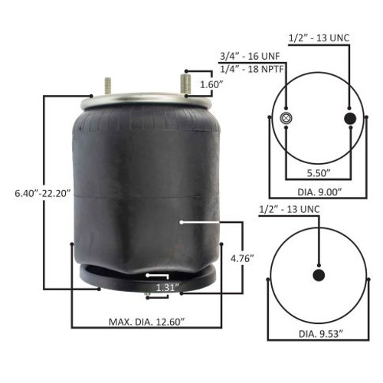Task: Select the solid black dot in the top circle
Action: coord(350,118)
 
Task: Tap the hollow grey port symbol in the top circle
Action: coord(286,118)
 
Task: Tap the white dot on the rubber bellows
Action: coord(180,222)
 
